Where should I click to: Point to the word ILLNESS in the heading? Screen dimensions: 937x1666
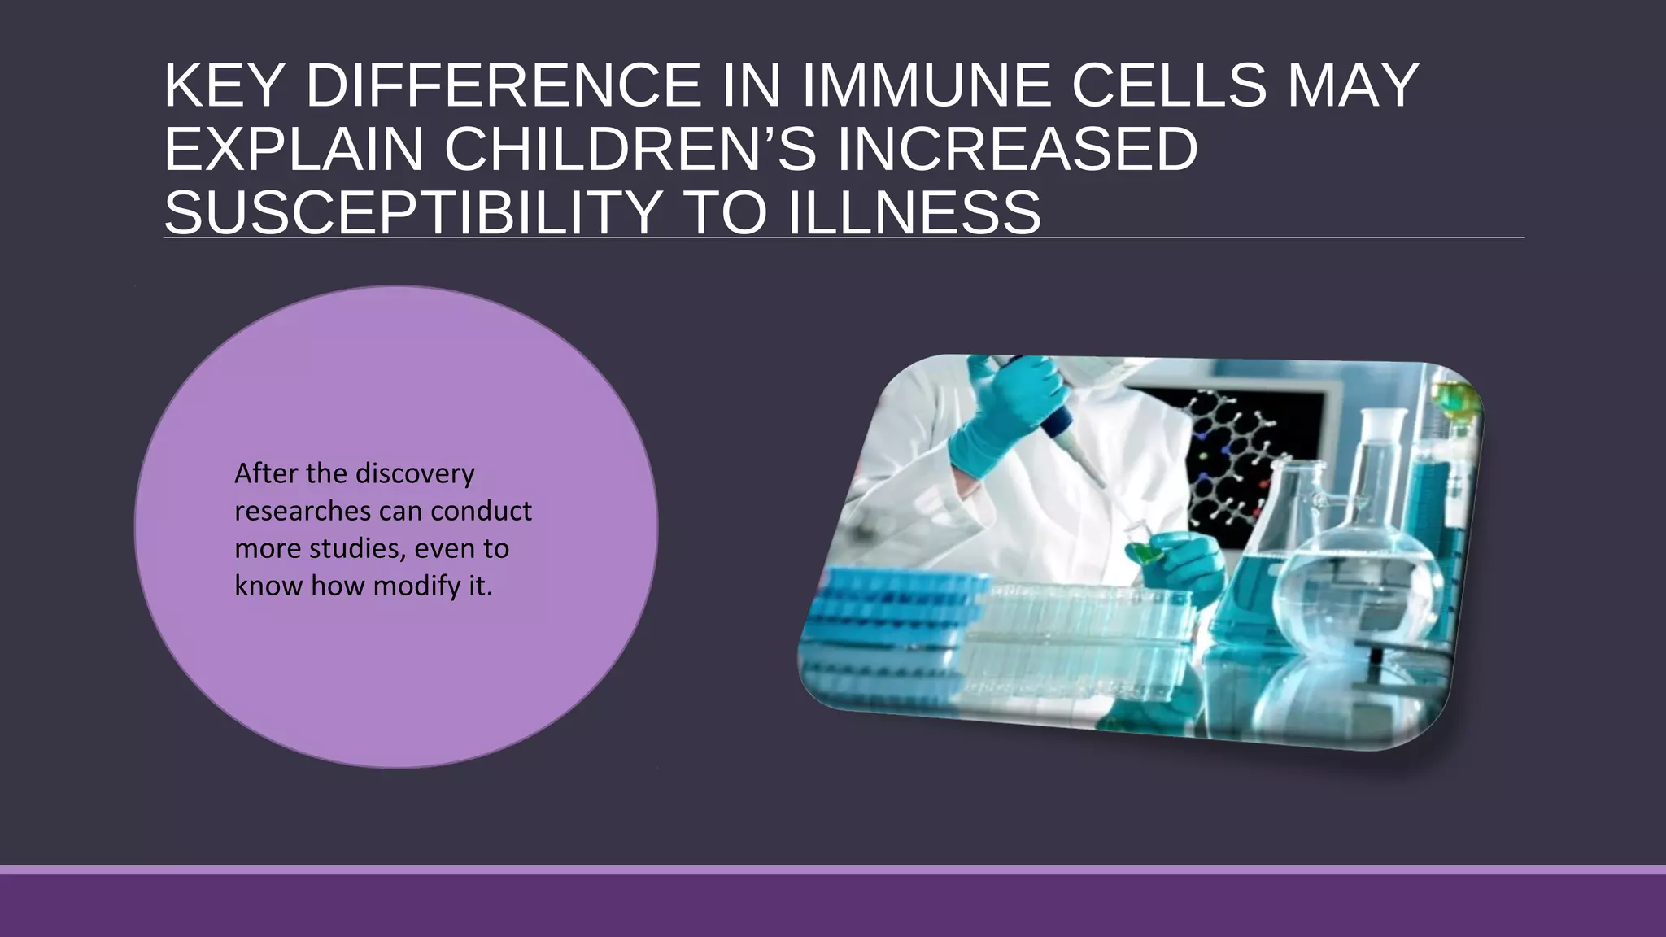(x=914, y=213)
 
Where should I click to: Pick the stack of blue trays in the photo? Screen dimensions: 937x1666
(x=895, y=618)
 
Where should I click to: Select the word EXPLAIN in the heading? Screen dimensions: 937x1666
(x=293, y=150)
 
